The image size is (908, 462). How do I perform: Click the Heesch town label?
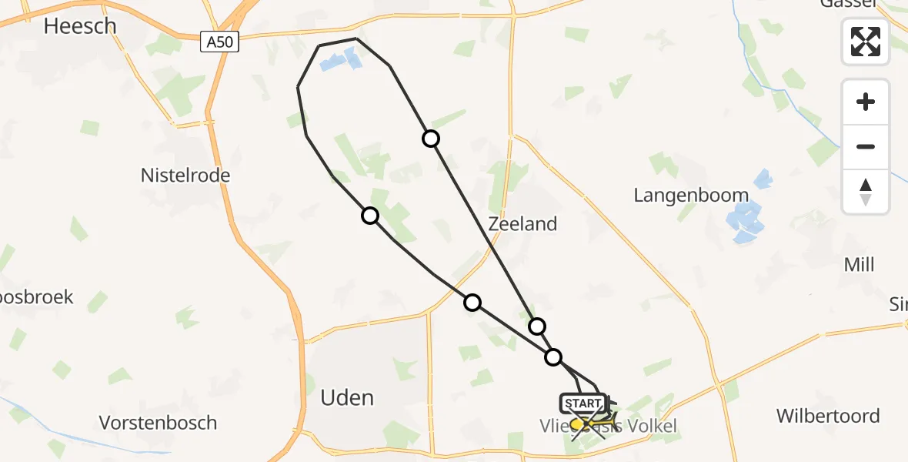[80, 26]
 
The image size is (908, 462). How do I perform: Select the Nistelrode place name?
[185, 176]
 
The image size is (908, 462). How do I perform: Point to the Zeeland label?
[522, 224]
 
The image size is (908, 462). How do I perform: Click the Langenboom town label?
[691, 195]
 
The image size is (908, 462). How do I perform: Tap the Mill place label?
[859, 265]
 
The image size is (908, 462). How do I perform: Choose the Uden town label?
[346, 397]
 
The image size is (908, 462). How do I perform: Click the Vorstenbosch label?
[158, 423]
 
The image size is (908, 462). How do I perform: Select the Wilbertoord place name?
[828, 417]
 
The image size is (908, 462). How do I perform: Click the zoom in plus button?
[866, 102]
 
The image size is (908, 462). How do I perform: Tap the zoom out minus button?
[866, 146]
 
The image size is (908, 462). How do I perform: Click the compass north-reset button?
[866, 191]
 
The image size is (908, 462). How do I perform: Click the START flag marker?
[583, 403]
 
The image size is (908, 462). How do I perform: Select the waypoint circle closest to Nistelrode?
[370, 216]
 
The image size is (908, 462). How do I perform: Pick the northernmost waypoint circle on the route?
[431, 139]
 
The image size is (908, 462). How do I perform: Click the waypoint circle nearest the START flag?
[553, 357]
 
